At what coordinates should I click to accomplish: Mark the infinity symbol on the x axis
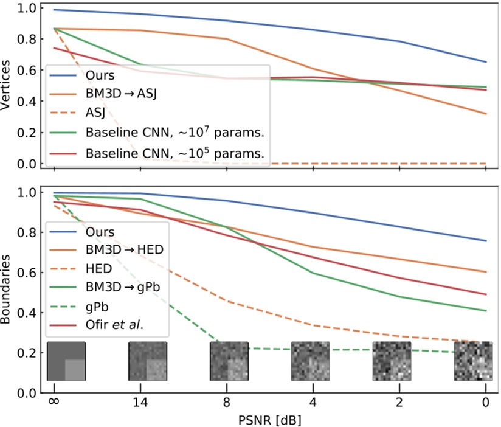point(54,403)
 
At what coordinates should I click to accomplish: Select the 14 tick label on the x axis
point(140,403)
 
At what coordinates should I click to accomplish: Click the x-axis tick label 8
point(227,403)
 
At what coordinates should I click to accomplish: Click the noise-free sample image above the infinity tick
point(66,361)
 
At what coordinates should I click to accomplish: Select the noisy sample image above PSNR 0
point(474,361)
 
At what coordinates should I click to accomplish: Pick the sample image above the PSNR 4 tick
point(311,361)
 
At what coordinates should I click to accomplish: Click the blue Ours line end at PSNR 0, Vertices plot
point(486,62)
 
